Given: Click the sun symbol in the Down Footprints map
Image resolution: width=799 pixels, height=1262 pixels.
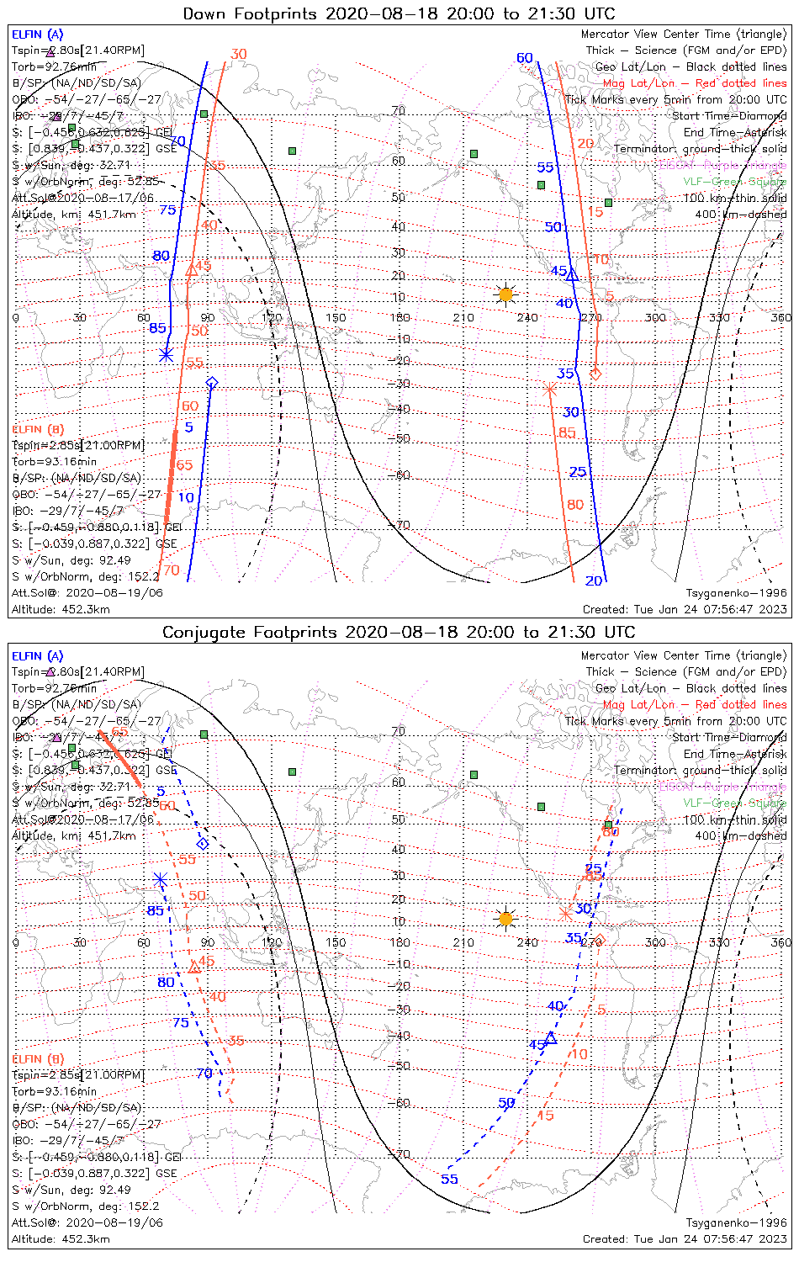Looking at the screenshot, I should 505,294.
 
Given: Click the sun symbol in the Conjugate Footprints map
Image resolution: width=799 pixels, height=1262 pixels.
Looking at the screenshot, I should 505,918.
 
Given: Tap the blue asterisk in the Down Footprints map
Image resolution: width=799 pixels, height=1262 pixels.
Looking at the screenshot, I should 167,355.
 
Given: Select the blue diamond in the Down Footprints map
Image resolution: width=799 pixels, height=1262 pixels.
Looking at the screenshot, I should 212,384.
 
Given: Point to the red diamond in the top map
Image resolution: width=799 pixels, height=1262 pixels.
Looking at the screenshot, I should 596,373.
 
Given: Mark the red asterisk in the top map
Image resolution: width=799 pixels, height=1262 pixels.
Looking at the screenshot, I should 550,389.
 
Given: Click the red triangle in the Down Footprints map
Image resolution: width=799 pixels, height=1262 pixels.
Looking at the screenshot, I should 191,270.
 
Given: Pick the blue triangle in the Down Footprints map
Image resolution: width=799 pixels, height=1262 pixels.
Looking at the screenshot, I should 573,274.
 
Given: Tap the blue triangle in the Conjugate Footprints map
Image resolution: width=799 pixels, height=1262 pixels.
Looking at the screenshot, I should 551,1038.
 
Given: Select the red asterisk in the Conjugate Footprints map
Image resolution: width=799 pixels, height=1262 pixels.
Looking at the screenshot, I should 565,913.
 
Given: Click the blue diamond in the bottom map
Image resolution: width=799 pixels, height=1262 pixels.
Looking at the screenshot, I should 202,844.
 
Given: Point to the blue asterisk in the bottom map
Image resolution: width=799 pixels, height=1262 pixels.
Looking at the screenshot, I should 160,879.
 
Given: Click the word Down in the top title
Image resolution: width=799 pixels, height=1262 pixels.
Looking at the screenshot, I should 207,13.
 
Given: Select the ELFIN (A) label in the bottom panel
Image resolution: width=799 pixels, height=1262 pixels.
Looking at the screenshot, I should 38,656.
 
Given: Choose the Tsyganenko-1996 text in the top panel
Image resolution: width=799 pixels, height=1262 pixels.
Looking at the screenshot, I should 736,592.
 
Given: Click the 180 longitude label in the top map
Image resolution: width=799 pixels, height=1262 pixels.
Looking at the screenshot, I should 399,318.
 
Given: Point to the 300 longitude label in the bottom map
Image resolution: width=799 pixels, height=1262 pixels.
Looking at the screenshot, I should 655,942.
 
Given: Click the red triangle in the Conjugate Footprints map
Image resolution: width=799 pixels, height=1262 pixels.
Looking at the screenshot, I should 194,968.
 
